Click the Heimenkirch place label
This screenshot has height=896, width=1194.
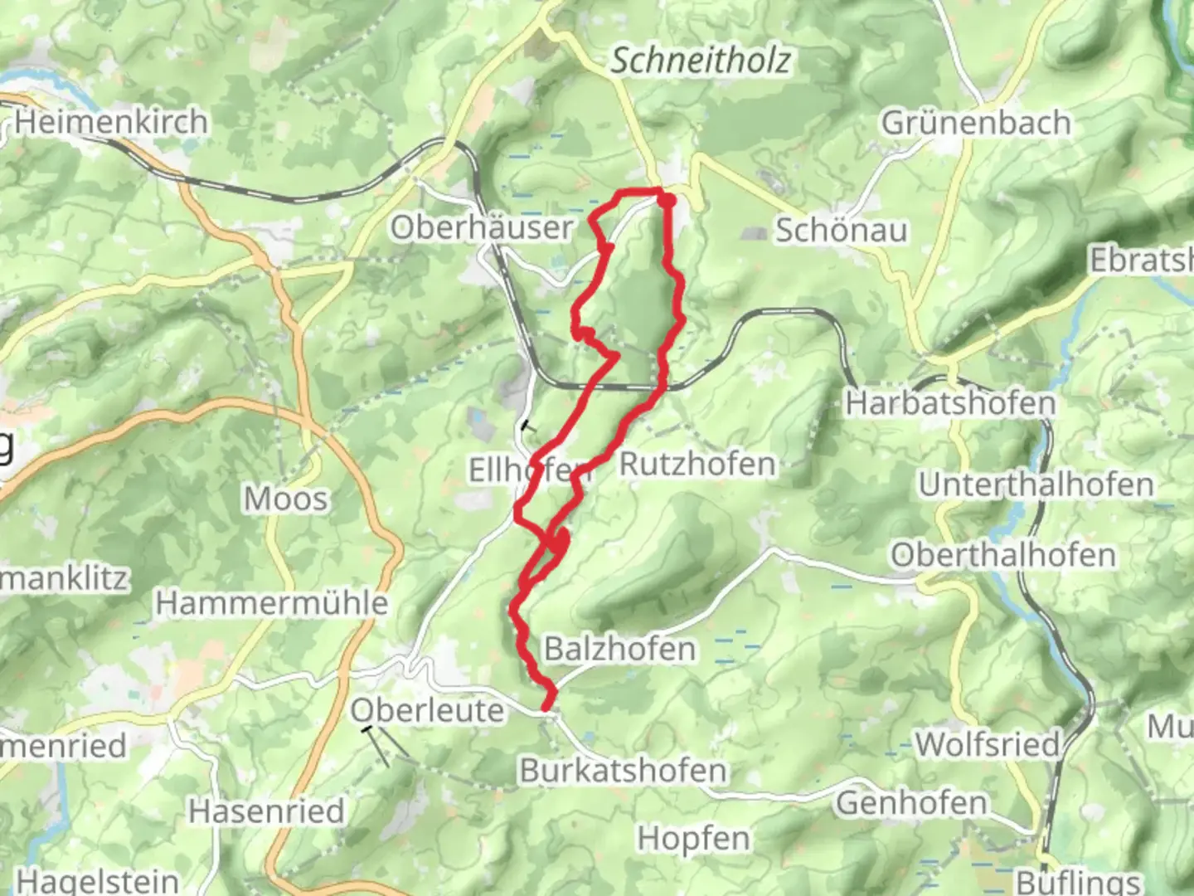[110, 122]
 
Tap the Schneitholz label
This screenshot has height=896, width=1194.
[701, 61]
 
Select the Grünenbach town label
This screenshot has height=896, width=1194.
[976, 123]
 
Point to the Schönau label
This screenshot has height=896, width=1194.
[841, 231]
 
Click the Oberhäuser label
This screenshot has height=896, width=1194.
[482, 227]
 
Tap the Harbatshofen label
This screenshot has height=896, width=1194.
[950, 404]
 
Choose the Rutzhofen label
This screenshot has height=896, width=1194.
[697, 464]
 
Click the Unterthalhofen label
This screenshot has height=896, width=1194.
[1036, 485]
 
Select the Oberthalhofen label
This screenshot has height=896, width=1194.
[1003, 555]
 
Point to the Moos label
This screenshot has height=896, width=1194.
[286, 499]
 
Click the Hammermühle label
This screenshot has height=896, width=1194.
[272, 603]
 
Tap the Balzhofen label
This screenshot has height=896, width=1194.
[619, 649]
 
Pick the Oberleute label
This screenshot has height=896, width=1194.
[427, 710]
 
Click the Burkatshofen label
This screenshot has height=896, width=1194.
[623, 771]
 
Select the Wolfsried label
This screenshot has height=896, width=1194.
[988, 744]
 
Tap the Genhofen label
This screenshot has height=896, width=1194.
[912, 802]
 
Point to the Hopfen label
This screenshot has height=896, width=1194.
[693, 839]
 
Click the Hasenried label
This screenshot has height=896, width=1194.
[266, 811]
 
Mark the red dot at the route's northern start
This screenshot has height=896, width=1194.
[667, 199]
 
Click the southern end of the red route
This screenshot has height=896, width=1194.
[546, 707]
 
